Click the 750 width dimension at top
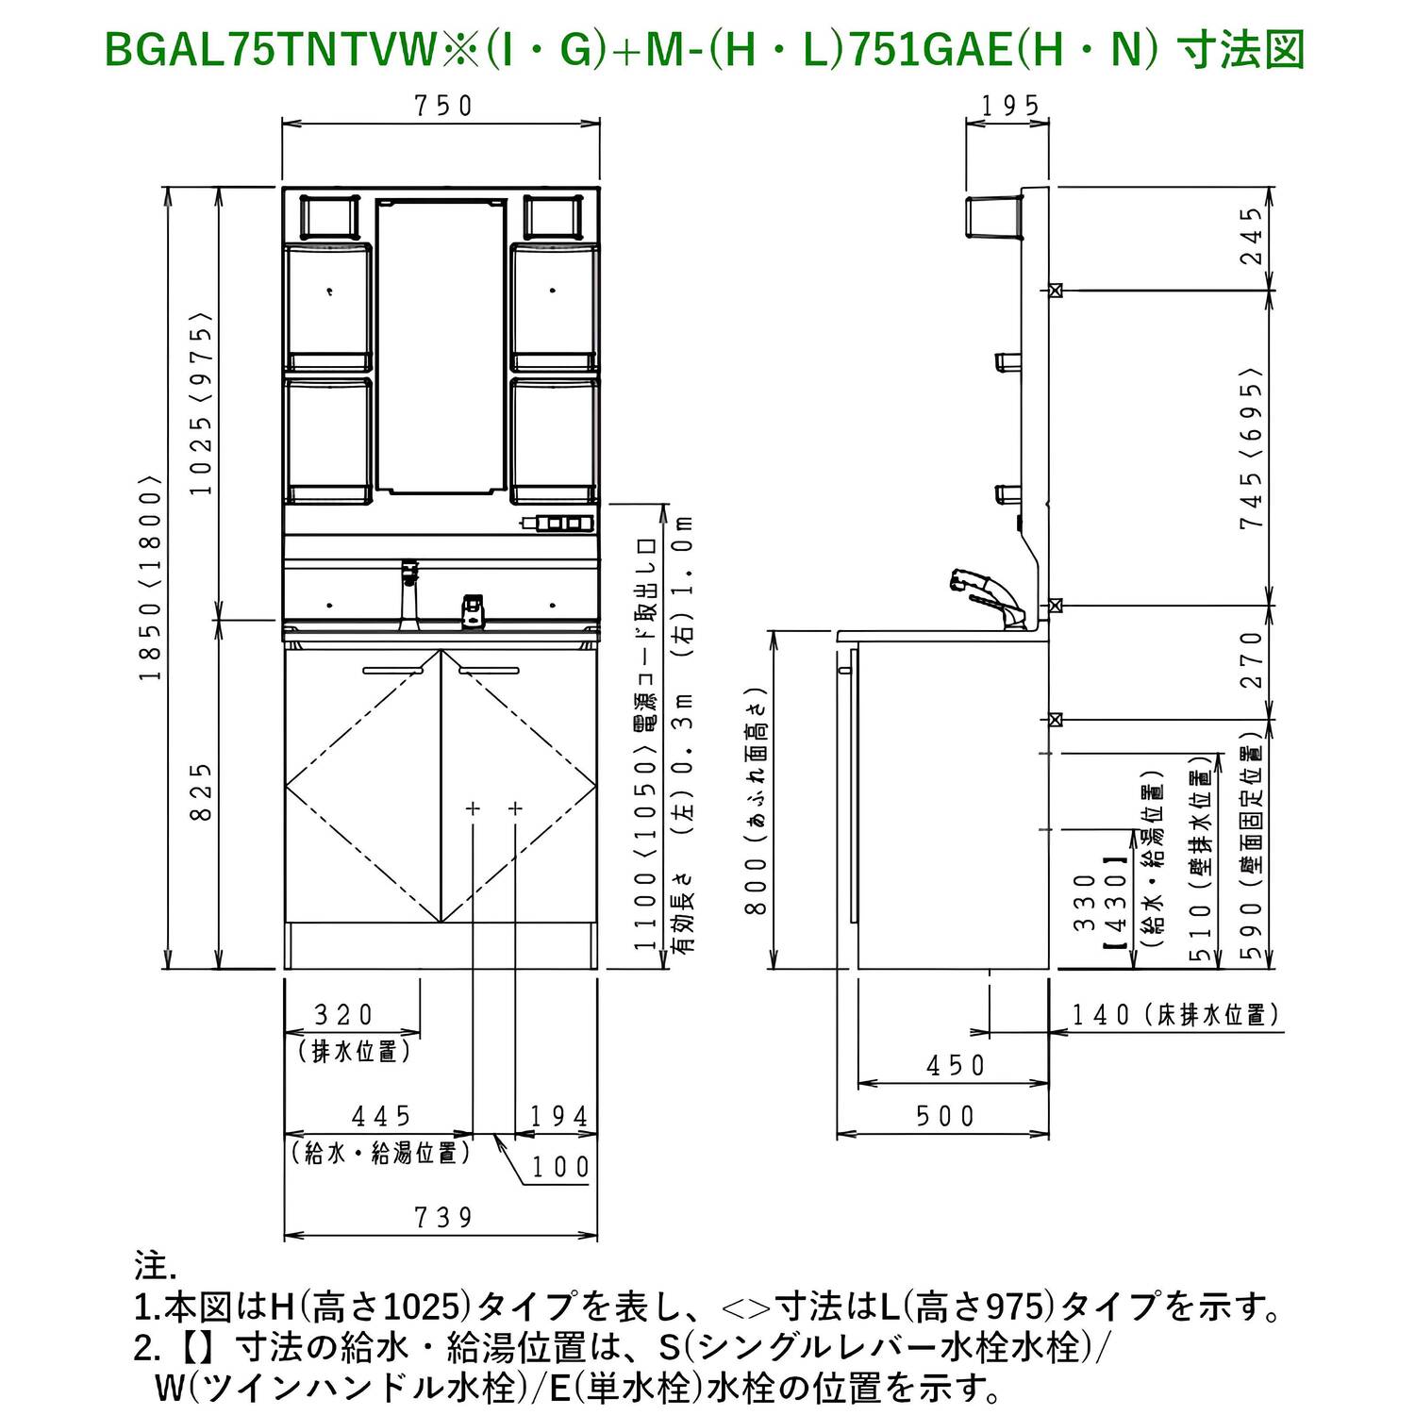tap(442, 106)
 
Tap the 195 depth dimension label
tap(1009, 106)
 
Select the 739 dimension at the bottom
tap(442, 1217)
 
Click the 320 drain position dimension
tap(343, 1015)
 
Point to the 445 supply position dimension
tap(381, 1116)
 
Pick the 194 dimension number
tap(558, 1116)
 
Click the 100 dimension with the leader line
tap(560, 1167)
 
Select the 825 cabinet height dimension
tap(201, 791)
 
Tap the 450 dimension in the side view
tap(955, 1065)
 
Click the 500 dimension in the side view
tap(945, 1116)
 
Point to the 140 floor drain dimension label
tap(1100, 1015)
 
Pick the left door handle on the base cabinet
tap(392, 671)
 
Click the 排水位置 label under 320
tap(354, 1050)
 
